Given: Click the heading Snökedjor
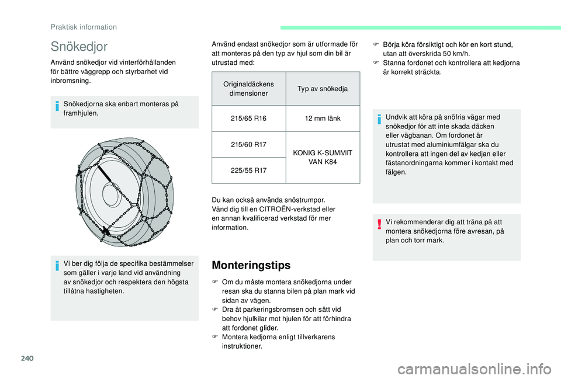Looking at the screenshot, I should pos(79,46).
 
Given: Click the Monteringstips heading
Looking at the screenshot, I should pos(251,266).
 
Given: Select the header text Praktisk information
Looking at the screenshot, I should pos(83,27).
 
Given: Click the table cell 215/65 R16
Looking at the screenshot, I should pos(248,119).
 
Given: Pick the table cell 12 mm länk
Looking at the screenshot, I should pos(323,119).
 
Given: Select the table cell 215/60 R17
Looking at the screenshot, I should pos(248,144).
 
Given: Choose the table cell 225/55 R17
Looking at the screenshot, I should pos(248,171).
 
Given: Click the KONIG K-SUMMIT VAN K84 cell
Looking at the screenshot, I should pos(323,157).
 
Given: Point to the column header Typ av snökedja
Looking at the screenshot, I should pos(323,89).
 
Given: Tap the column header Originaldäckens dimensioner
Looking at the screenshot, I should pos(248,89).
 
